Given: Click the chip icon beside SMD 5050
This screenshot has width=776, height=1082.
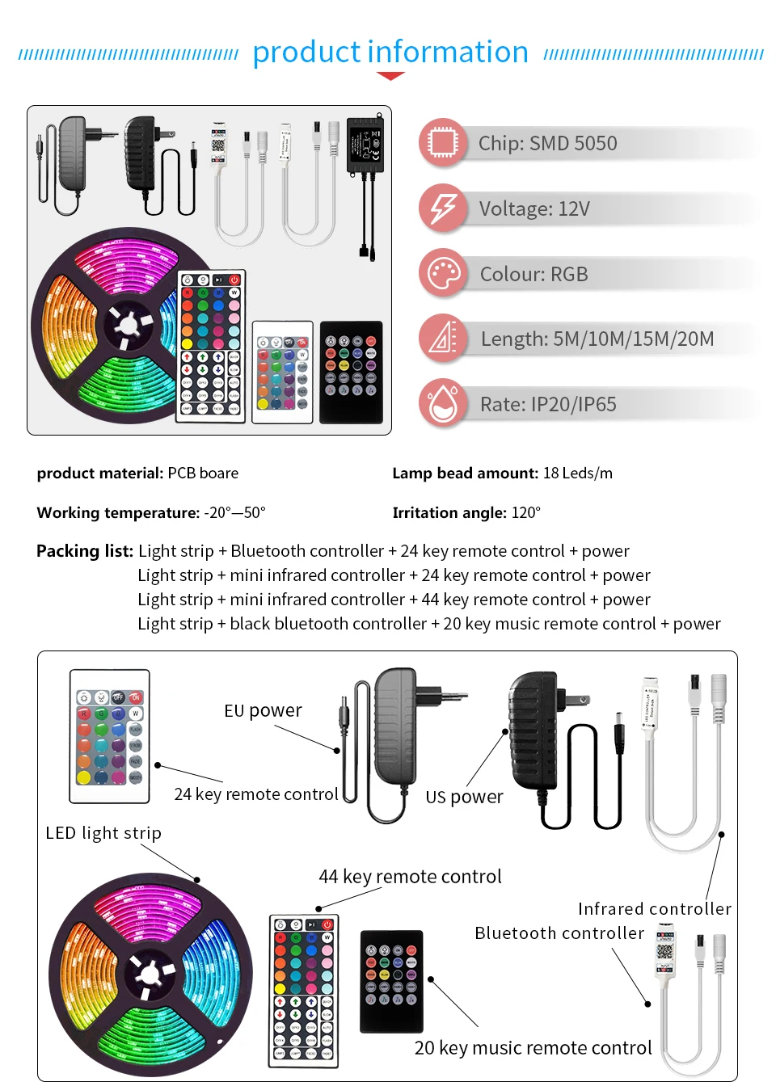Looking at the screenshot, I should tap(443, 143).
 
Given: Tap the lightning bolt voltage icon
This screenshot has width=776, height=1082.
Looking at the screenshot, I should tap(443, 208).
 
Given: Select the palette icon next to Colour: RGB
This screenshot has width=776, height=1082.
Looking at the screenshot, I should tap(443, 274).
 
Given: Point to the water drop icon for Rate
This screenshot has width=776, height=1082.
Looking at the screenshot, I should tap(443, 403).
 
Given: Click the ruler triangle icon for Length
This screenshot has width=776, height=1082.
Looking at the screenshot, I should tap(443, 339).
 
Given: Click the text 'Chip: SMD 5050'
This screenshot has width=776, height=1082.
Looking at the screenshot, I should tap(547, 144).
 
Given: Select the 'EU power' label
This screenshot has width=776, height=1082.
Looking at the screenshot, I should tap(263, 710).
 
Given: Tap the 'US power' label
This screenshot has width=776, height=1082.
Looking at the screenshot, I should tap(464, 797).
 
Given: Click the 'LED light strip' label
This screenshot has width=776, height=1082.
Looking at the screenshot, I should tap(103, 833).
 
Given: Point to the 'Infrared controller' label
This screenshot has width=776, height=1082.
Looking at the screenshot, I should tap(654, 909).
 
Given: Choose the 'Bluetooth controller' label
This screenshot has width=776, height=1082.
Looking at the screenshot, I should tap(559, 933).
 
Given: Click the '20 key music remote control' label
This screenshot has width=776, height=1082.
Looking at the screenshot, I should tap(533, 1048).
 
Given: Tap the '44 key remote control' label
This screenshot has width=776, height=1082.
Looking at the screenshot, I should tap(410, 877).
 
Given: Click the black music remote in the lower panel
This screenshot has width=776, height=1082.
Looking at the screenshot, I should tap(392, 981).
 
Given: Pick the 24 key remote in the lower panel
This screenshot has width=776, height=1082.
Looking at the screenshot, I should tap(110, 736).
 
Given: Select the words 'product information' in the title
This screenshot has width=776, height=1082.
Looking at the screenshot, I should tap(390, 52).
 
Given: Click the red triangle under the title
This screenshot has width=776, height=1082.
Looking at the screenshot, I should tap(390, 76).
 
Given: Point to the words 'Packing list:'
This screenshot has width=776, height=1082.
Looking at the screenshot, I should tap(85, 551).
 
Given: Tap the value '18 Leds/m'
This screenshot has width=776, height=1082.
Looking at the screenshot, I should tap(577, 474).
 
